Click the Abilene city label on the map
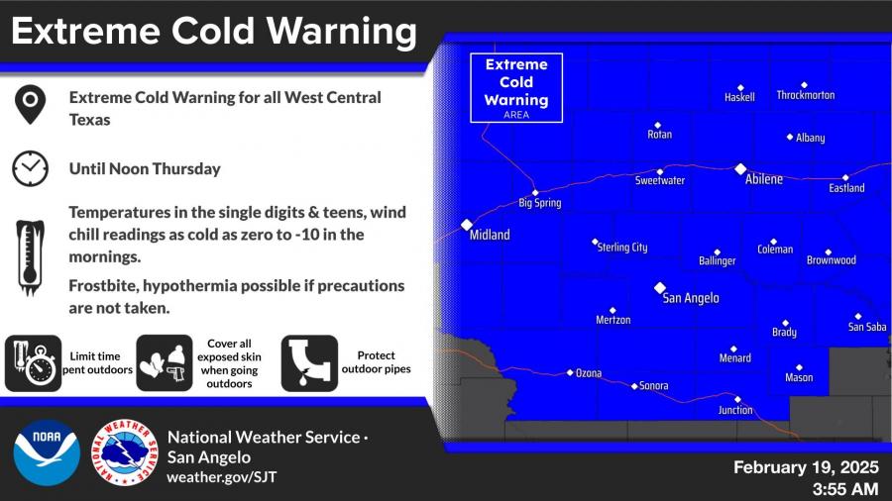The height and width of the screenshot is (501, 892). (x=764, y=179)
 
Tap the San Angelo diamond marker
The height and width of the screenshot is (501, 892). (x=660, y=288)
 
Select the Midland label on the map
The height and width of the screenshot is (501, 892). (x=490, y=235)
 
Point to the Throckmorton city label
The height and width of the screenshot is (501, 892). (x=806, y=95)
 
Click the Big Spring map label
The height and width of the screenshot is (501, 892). (x=540, y=203)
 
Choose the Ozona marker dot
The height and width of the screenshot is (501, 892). (x=570, y=372)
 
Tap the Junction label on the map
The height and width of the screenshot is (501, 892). (x=735, y=410)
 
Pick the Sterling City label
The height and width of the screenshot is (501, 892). (x=622, y=248)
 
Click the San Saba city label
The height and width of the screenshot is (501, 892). (x=867, y=327)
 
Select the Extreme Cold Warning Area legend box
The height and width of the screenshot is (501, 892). (x=516, y=88)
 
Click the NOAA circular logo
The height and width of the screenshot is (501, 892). (x=47, y=452)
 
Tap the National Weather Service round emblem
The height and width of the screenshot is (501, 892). (x=125, y=452)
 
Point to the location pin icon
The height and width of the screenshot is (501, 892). (x=30, y=105)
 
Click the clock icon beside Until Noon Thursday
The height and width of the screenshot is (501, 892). (x=30, y=168)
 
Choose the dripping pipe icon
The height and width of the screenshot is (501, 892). (x=309, y=363)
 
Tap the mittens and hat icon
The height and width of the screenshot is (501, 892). (x=165, y=363)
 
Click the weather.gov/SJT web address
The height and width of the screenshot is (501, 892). (x=222, y=477)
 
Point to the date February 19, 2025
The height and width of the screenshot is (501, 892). (x=806, y=467)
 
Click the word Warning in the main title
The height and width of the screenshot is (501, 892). (x=342, y=32)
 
